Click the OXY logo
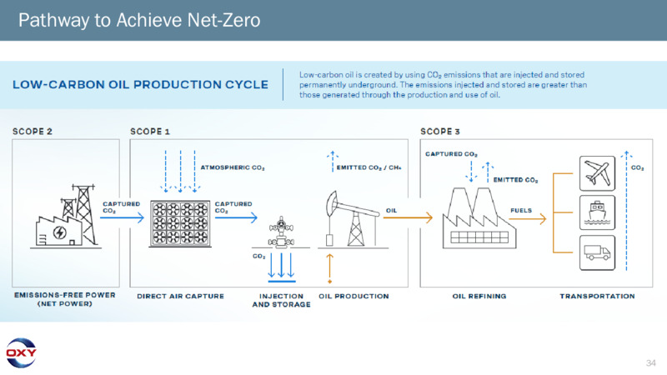coord(21,352)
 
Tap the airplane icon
coord(597,173)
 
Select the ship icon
coord(597,212)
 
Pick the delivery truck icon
coord(597,252)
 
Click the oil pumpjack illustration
coord(353,219)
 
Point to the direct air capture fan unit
coord(180,223)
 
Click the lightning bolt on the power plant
coord(59,232)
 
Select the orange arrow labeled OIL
coord(408,217)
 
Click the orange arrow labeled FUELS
coord(528,218)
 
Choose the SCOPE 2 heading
coord(33,132)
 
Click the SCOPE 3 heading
coord(440,132)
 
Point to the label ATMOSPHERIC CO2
coord(233,167)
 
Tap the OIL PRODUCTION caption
coord(354,296)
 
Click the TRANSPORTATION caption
coord(597,296)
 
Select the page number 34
coord(650,362)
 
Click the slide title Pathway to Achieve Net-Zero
coord(139,20)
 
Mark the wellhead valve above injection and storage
coord(281,232)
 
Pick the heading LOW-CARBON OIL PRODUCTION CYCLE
coord(140,85)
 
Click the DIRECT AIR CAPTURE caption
coord(180,296)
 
